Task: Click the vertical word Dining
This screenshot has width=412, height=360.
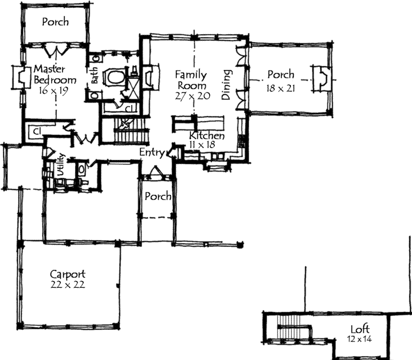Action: (226, 85)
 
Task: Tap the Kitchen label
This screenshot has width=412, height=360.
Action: (207, 136)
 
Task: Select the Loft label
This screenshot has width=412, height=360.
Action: (360, 329)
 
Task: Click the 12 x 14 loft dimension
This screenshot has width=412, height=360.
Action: (360, 339)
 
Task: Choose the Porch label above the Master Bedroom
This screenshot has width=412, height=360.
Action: (55, 22)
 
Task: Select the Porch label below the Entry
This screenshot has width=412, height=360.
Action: (158, 196)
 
